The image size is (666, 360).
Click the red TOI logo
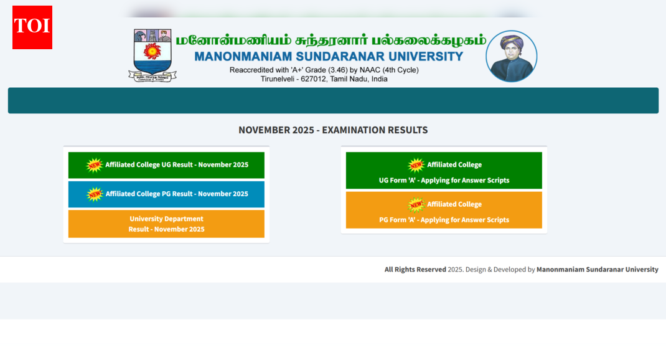tap(32, 27)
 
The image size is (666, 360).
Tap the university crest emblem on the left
tap(152, 55)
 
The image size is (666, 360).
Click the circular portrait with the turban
tap(511, 56)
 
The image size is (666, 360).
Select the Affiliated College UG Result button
tap(166, 165)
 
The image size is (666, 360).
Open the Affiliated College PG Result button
tap(166, 194)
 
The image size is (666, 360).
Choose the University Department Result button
tap(166, 224)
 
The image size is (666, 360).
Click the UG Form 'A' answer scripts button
tap(444, 171)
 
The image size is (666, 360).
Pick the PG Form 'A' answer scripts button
tap(444, 211)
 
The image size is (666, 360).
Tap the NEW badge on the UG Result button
tap(94, 165)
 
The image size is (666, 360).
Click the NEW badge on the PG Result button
tap(95, 194)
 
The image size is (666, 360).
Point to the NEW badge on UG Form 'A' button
tap(416, 165)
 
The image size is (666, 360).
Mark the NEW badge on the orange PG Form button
tap(416, 204)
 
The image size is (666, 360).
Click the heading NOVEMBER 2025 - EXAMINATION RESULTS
tap(333, 130)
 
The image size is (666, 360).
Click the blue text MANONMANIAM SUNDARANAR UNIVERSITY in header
tap(329, 57)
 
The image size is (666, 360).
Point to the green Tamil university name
tap(331, 40)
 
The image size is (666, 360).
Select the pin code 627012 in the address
tap(305, 79)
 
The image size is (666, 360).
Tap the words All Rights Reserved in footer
tap(415, 270)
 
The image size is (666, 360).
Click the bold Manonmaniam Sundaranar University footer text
tap(597, 270)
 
